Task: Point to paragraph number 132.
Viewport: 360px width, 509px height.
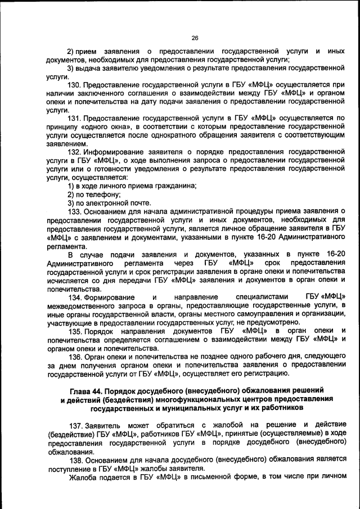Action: pos(74,152)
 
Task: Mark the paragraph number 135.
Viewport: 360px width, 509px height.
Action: pos(74,330)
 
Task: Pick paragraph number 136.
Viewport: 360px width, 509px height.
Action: pos(74,355)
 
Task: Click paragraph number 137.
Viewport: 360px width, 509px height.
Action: pos(74,423)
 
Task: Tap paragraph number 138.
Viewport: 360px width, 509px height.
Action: pos(74,457)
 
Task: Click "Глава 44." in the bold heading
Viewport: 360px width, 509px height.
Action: pos(88,390)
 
